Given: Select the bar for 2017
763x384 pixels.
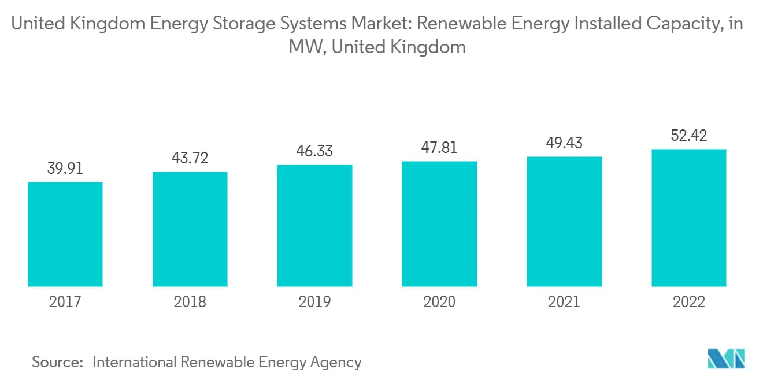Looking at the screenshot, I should point(65,234).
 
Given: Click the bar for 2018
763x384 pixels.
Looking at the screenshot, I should point(190,229).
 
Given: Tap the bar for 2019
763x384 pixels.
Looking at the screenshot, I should point(314,226).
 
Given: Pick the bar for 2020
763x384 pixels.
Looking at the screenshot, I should point(439,224).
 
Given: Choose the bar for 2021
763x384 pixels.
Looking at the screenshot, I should point(564,222).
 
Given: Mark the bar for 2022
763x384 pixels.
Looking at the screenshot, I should point(688,218).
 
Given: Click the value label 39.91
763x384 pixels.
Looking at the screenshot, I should point(65,169).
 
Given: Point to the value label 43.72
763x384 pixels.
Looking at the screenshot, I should point(190,158).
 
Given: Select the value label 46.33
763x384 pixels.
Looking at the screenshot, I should point(314,151).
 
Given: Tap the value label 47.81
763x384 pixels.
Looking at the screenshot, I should point(439,147).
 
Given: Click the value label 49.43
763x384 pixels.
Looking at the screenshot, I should point(564,143).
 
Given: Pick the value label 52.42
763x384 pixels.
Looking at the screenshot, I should point(688,136).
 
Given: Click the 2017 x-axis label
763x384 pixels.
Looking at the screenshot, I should point(65,301).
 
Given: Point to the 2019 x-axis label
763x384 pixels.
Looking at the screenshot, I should point(314,301).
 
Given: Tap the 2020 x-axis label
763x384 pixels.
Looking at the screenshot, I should point(439,301).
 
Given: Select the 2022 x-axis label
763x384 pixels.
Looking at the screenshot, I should point(688,301).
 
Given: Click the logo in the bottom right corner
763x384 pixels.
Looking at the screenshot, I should point(727,359).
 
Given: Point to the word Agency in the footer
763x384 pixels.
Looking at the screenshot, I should point(336,363).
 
